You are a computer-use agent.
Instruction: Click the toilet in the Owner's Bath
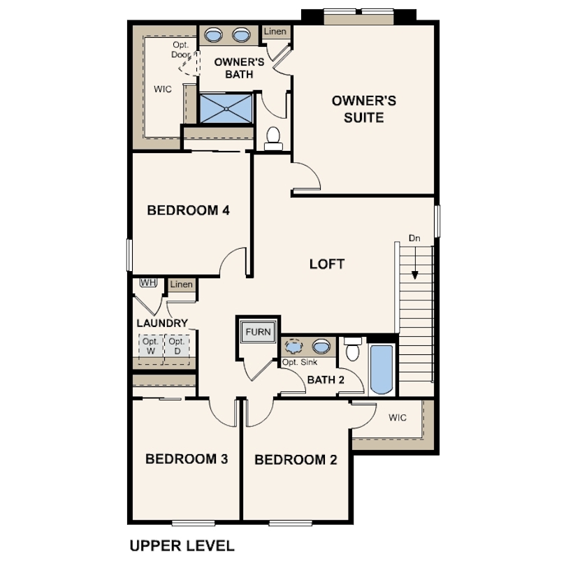point(273,138)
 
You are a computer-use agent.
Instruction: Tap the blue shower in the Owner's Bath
point(226,108)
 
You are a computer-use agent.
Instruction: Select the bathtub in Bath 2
point(382,370)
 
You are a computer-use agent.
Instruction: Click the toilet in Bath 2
point(353,349)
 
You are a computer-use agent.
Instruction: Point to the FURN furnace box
point(258,332)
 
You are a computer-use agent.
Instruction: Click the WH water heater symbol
point(148,282)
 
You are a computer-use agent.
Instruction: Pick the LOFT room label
point(327,264)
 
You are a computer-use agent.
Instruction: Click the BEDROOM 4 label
point(188,210)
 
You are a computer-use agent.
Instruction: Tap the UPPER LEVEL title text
point(182,546)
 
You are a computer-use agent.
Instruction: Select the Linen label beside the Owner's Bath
point(275,31)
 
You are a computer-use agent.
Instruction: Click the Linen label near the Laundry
point(181,284)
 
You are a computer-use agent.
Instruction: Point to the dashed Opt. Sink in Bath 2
point(293,346)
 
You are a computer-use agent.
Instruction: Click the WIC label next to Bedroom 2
point(398,418)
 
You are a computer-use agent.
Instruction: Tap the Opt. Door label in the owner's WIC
point(181,50)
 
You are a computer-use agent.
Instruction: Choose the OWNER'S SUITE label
point(364,109)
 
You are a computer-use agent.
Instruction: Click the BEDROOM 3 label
point(187,459)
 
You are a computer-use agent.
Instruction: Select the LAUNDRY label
point(162,323)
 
